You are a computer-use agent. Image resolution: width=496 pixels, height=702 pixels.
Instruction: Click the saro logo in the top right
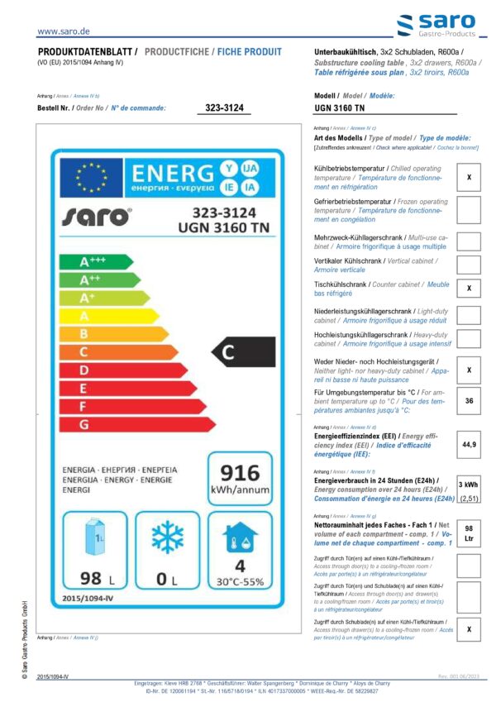pos(437,26)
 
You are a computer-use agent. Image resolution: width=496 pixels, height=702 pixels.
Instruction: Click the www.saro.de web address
pos(64,31)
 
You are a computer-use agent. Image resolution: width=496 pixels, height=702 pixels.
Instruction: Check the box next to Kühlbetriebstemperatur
pos(469,178)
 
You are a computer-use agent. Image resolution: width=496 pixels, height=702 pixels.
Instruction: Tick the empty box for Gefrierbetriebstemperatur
pos(469,210)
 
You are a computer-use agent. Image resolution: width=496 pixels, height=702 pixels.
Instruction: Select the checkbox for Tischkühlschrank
pos(469,288)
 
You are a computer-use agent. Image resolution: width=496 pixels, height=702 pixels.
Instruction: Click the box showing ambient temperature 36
pos(469,401)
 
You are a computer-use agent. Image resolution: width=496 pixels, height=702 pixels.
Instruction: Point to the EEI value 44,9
pos(469,445)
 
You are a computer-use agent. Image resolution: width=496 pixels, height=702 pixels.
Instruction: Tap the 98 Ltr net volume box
pos(469,532)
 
